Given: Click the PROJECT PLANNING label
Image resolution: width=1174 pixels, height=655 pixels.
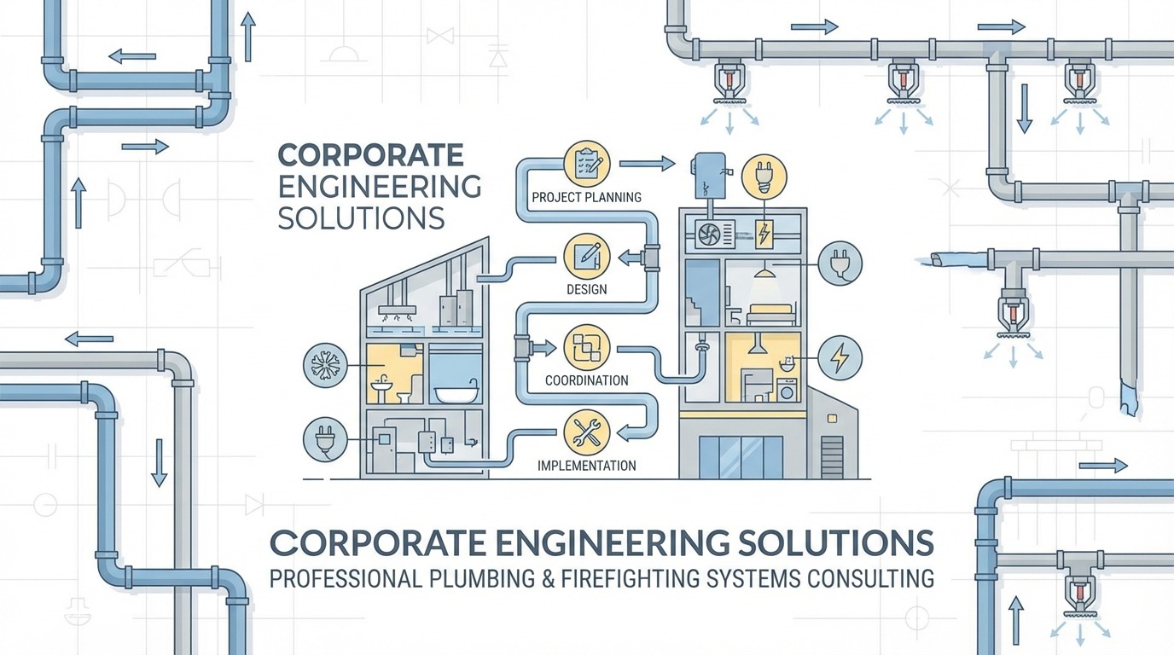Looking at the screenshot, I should [586, 198].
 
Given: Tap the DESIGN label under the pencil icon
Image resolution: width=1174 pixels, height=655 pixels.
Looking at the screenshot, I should [586, 289].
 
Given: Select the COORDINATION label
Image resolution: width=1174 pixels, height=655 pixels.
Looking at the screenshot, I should [586, 380].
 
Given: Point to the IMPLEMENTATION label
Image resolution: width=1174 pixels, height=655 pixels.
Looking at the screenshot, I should [586, 466].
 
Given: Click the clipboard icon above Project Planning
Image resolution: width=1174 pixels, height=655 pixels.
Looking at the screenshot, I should [587, 164].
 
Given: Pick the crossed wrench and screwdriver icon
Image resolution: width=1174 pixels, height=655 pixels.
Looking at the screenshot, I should [587, 432].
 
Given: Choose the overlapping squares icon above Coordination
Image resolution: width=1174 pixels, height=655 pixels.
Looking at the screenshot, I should [587, 347].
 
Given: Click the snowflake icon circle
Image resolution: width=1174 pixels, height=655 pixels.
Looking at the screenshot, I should [325, 361].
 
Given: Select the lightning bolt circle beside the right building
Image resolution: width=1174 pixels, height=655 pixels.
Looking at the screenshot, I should [840, 358].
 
